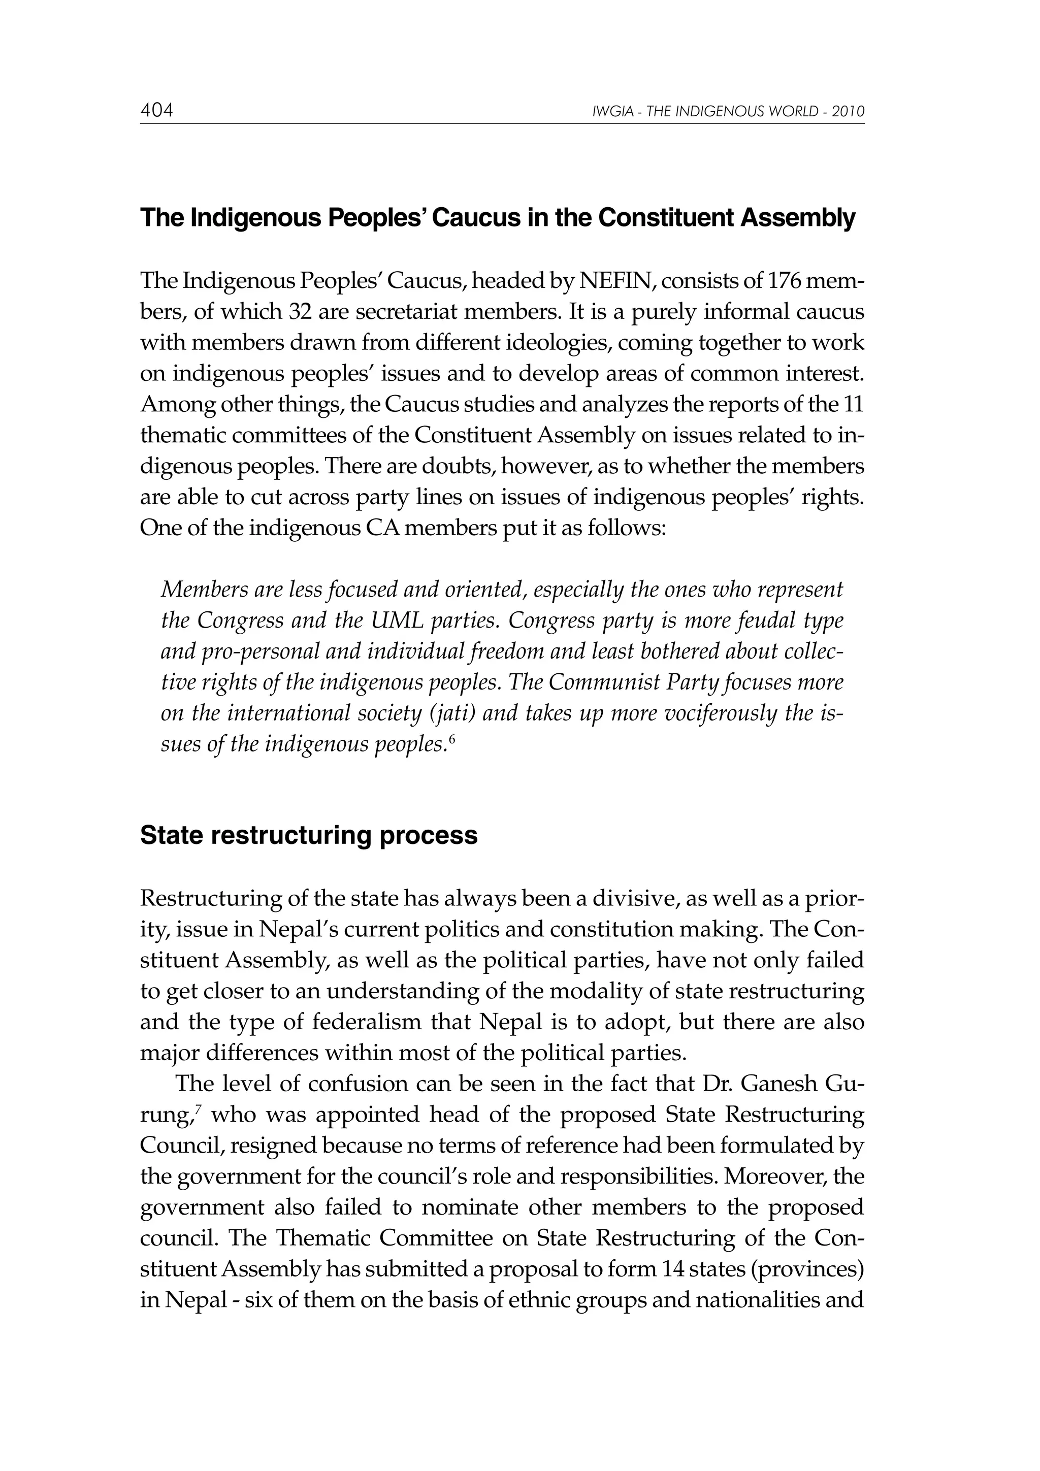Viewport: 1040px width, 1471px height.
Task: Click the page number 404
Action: point(157,111)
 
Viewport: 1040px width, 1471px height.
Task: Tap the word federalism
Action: point(367,1022)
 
